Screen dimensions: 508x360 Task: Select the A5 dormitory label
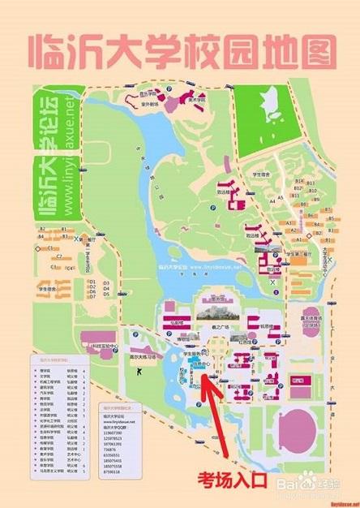[281, 198]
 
